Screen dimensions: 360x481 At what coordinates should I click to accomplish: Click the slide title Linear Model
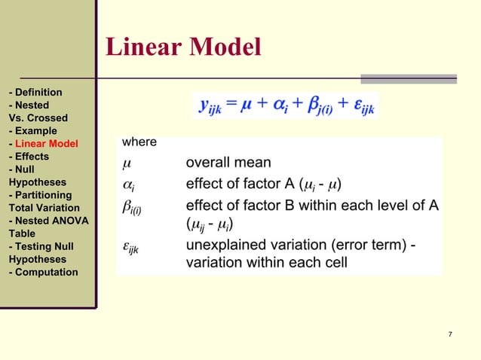183,47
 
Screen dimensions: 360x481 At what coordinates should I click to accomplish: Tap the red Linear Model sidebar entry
46,144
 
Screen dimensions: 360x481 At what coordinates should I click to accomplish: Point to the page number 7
449,334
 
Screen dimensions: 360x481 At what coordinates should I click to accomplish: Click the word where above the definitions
139,142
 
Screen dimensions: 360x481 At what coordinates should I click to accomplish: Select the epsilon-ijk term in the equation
360,106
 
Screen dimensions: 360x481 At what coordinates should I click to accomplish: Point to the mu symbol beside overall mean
125,163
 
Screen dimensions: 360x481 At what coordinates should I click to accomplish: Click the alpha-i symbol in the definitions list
127,184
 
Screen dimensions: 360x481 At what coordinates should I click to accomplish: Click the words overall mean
228,163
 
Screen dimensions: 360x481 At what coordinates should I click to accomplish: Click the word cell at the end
334,263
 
